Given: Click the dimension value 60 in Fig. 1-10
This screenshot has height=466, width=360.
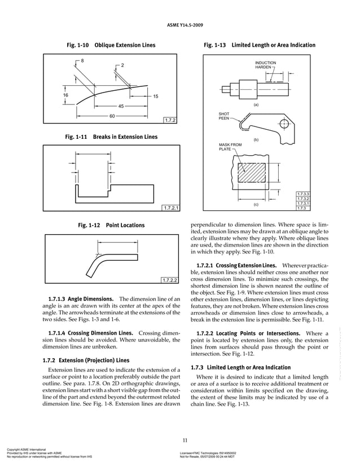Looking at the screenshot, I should click(x=112, y=116).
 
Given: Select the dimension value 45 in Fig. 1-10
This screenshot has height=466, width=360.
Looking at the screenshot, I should click(x=120, y=106).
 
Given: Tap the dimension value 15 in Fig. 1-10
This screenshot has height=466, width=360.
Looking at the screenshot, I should click(x=156, y=97).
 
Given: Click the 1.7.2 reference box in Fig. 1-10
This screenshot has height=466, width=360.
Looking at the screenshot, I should click(x=170, y=120).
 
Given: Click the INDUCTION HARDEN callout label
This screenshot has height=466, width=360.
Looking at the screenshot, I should click(x=265, y=65).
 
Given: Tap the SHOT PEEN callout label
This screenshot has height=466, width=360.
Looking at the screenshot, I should click(x=224, y=116).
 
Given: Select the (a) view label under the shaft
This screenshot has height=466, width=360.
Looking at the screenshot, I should click(x=256, y=105).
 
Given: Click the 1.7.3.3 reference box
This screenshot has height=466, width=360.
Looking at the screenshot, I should click(x=304, y=194).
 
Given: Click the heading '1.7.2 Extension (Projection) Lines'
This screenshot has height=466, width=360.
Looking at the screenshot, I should click(x=86, y=360).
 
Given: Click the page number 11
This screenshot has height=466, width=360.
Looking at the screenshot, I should click(x=185, y=441).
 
